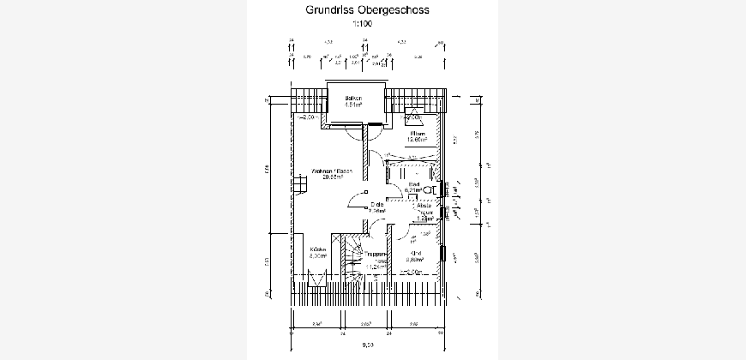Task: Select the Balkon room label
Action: (x=353, y=99)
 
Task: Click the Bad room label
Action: (x=412, y=184)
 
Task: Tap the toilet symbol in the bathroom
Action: (x=431, y=189)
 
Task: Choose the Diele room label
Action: (x=376, y=204)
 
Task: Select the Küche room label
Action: (x=317, y=250)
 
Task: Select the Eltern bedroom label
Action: (x=417, y=135)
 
